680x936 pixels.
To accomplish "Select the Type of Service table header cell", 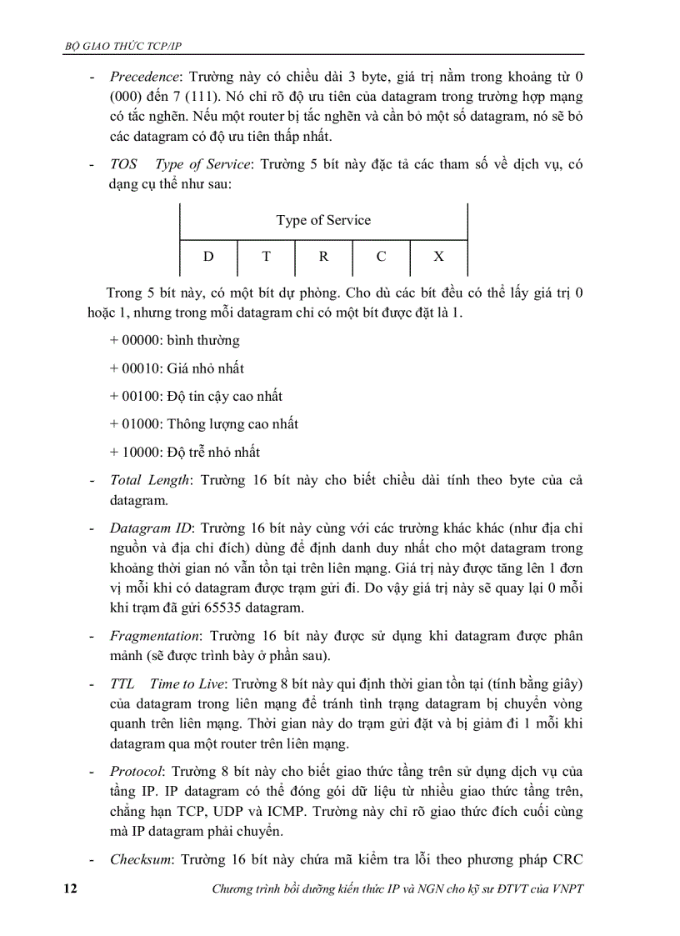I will (x=323, y=221).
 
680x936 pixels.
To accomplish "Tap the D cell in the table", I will (x=208, y=257).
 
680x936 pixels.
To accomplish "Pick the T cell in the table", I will (x=266, y=257).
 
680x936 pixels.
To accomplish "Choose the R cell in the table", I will (x=323, y=257).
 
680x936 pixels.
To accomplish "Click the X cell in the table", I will (x=438, y=257).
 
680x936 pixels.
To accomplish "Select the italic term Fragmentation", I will (x=155, y=636).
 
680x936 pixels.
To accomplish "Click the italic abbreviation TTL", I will (x=122, y=684).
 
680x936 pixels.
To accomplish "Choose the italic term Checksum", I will (x=141, y=860).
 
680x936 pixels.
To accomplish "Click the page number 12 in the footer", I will (x=70, y=889).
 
